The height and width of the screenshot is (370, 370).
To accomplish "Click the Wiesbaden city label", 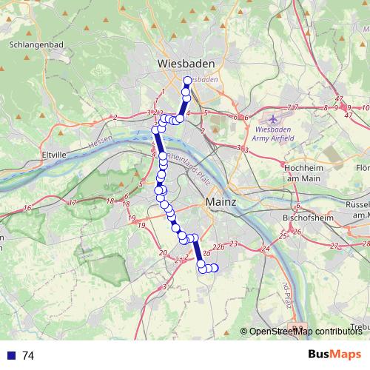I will [185, 64].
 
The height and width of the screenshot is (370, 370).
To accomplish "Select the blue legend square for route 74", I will [10, 356].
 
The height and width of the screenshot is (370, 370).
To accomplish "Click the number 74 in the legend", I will [28, 356].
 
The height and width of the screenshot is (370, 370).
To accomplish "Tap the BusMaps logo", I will [334, 355].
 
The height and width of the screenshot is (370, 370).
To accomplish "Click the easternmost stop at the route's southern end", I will [216, 268].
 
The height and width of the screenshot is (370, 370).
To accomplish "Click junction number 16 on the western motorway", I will [27, 209].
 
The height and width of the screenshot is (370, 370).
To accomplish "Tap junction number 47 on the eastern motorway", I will [340, 99].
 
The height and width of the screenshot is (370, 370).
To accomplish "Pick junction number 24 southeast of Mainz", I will [264, 249].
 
